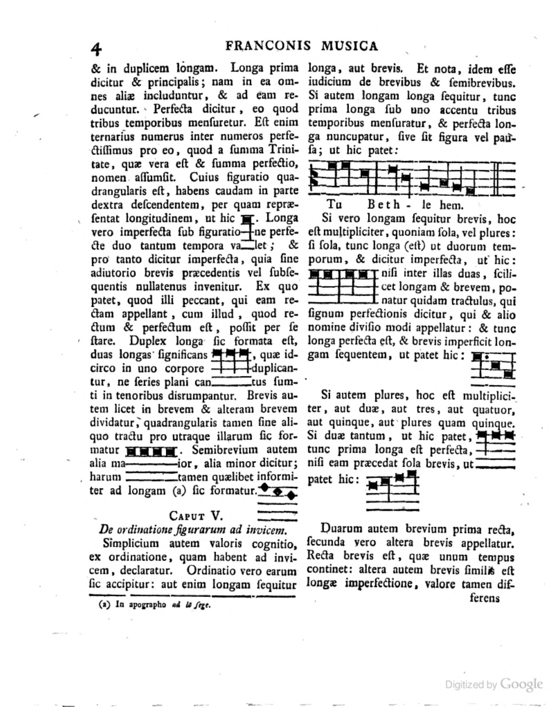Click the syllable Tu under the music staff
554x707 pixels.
pos(334,205)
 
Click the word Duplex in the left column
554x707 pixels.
pos(147,341)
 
